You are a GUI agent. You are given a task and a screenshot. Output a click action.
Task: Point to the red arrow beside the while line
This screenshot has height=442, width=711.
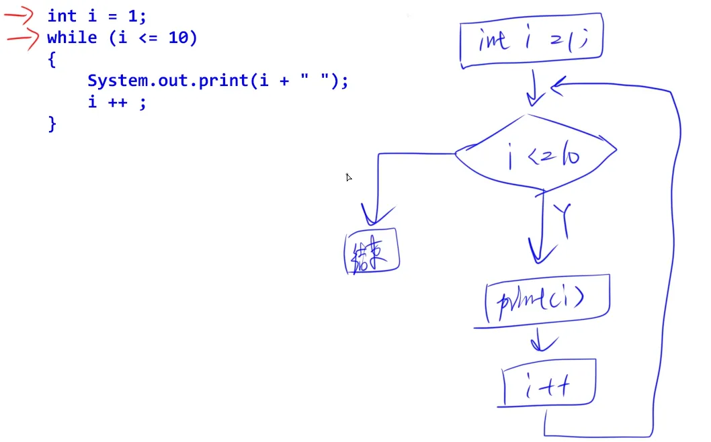[22, 38]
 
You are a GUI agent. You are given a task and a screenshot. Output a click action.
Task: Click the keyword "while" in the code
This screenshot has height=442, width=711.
[72, 38]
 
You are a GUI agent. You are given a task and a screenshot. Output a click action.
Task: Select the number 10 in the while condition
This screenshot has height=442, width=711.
[177, 38]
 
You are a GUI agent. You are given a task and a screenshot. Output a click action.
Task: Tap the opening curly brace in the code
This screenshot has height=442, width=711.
[51, 60]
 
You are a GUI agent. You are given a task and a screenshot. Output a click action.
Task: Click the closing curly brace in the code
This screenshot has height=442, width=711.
[52, 124]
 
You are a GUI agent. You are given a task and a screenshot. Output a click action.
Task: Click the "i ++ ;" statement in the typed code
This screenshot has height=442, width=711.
[116, 102]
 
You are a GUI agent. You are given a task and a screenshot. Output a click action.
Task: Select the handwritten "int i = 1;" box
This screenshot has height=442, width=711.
[532, 41]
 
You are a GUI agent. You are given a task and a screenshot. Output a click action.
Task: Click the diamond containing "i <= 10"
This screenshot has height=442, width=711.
[536, 156]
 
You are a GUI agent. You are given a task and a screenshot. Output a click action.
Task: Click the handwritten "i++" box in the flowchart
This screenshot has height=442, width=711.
[548, 384]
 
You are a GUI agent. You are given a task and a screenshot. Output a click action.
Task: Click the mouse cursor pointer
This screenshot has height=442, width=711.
[349, 177]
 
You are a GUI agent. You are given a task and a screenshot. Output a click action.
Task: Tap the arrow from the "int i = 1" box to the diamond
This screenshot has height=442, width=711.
[536, 91]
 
